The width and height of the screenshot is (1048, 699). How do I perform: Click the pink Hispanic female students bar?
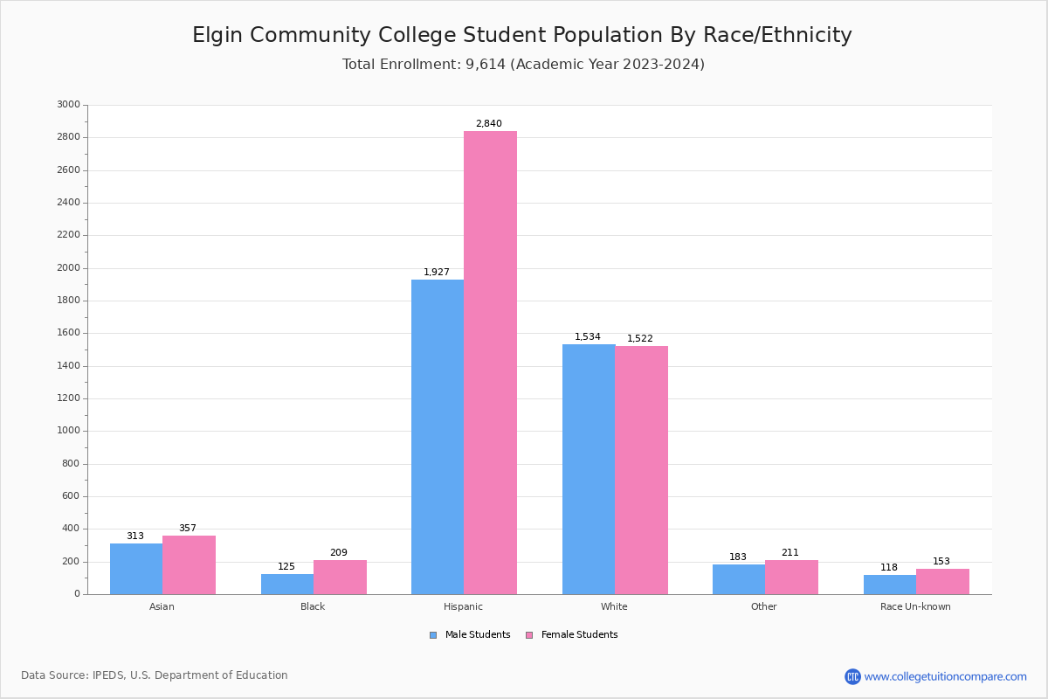(490, 363)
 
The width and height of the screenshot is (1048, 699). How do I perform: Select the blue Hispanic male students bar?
(438, 437)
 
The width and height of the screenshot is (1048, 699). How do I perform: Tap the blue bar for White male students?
(589, 469)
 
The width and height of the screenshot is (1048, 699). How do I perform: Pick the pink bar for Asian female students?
(189, 564)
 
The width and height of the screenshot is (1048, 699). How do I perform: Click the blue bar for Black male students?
(287, 584)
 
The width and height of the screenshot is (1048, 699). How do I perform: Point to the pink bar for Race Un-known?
(942, 581)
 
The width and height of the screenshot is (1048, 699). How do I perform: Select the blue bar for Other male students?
(739, 579)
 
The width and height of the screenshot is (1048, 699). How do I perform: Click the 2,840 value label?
(488, 124)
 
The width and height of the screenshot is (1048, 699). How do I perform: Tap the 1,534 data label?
(587, 337)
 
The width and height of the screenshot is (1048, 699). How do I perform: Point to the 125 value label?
(286, 567)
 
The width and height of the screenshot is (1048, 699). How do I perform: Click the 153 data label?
(941, 562)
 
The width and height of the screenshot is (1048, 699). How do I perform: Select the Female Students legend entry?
(572, 635)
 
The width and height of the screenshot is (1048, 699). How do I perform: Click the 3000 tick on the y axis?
(68, 105)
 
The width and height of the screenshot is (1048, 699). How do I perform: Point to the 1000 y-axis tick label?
(68, 431)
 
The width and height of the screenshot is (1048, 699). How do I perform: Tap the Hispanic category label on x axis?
(463, 606)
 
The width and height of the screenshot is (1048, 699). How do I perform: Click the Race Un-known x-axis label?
(915, 606)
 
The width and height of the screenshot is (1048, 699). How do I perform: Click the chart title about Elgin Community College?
(522, 35)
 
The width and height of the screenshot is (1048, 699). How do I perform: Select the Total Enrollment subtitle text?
(523, 65)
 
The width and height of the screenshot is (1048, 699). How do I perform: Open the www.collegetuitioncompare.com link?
(944, 676)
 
